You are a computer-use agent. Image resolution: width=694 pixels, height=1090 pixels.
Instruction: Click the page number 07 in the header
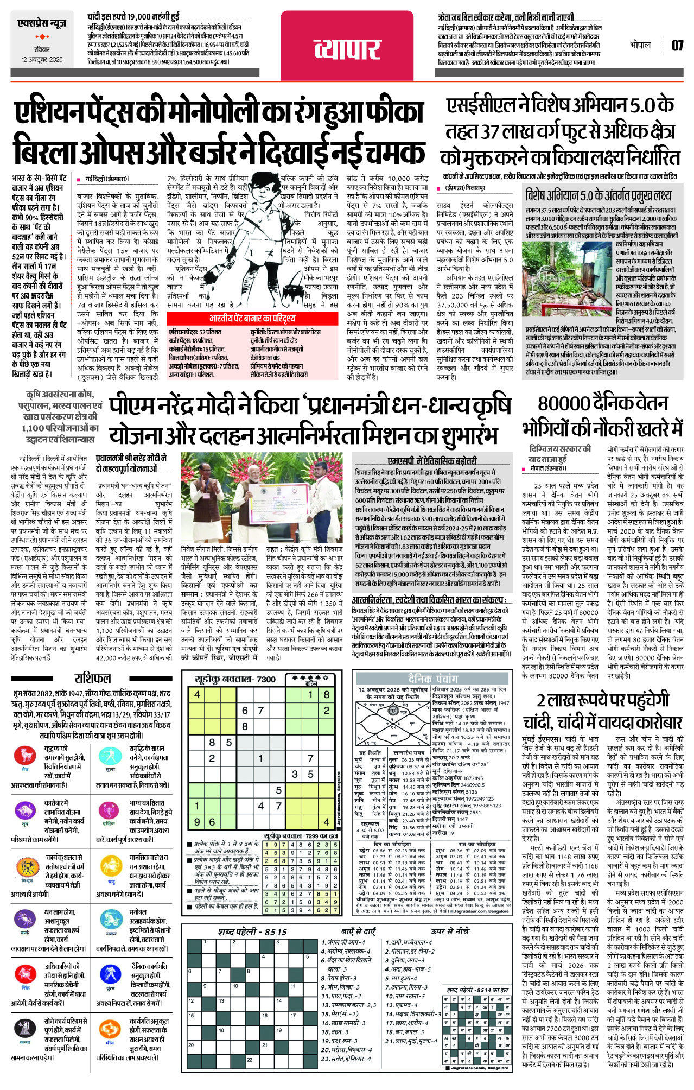tap(677, 45)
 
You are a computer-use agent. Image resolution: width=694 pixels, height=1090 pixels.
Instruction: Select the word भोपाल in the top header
tap(640, 45)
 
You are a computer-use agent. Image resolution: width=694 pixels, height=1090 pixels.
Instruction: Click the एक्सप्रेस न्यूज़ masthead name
tap(42, 23)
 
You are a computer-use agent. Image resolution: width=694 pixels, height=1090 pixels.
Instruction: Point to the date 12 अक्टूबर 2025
tap(42, 59)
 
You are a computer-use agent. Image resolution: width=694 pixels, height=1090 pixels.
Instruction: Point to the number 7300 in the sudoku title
tap(266, 679)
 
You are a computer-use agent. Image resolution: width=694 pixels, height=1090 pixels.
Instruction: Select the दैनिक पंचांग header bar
tap(432, 679)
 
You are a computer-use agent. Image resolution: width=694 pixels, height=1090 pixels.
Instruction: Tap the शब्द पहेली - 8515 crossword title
tap(252, 932)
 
